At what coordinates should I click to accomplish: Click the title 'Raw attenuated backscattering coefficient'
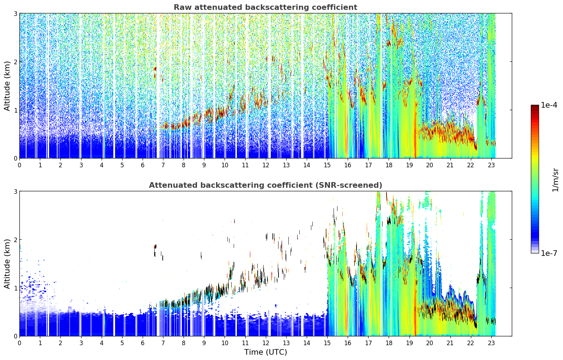coord(265,7)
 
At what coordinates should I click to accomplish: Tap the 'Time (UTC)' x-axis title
coord(265,352)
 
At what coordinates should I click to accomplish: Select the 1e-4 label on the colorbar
coord(549,105)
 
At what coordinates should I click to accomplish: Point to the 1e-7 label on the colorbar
coord(549,253)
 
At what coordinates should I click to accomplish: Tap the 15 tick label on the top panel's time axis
coord(327,166)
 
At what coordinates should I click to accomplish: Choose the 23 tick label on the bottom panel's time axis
coord(491,343)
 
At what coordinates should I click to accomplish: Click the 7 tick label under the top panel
coord(163,166)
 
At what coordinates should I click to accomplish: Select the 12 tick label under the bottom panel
coord(265,343)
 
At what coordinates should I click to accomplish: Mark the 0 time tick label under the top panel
coord(19,166)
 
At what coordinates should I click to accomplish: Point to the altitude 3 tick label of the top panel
coord(15,13)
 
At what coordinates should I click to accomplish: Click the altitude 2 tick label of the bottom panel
coord(15,240)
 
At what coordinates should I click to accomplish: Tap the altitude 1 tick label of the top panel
coord(15,110)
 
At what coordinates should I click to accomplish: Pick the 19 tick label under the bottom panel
coord(409,343)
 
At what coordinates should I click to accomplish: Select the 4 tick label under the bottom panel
coord(102,343)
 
